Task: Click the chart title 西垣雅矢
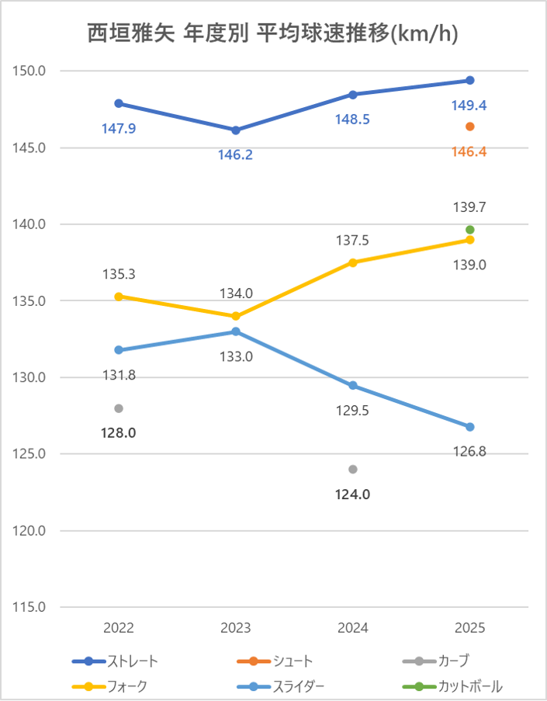(272, 33)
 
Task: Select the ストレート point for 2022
(119, 103)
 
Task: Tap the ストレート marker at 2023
(236, 130)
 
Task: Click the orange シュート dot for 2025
(470, 127)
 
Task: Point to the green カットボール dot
(470, 230)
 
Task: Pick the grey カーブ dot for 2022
(119, 408)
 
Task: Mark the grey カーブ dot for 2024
(353, 469)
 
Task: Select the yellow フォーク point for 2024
(353, 262)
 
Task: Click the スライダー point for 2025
(470, 427)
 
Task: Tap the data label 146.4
(469, 153)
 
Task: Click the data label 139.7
(469, 207)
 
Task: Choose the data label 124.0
(353, 495)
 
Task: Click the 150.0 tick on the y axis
(30, 71)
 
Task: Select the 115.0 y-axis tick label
(30, 607)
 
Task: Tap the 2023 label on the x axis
(236, 628)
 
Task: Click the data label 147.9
(119, 128)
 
